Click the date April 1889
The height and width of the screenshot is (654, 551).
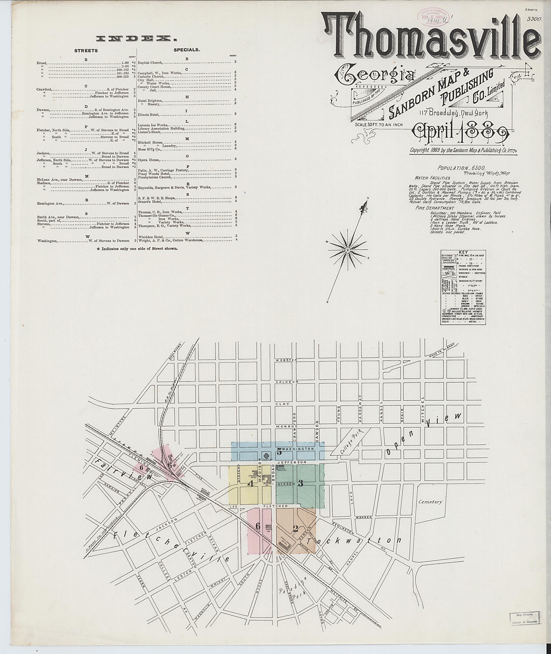tap(461, 132)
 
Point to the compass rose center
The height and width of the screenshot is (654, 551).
tap(347, 250)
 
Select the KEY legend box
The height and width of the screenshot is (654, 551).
tap(463, 287)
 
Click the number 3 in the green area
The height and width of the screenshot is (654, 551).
tap(301, 483)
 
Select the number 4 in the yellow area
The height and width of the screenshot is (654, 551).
tap(250, 484)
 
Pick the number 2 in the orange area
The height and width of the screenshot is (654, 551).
tap(295, 529)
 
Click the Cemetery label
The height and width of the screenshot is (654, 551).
tap(431, 502)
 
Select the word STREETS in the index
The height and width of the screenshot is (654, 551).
tap(86, 51)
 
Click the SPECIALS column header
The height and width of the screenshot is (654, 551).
tap(186, 49)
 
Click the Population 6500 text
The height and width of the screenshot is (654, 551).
tap(461, 168)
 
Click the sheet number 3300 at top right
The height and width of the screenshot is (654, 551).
tap(534, 19)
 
